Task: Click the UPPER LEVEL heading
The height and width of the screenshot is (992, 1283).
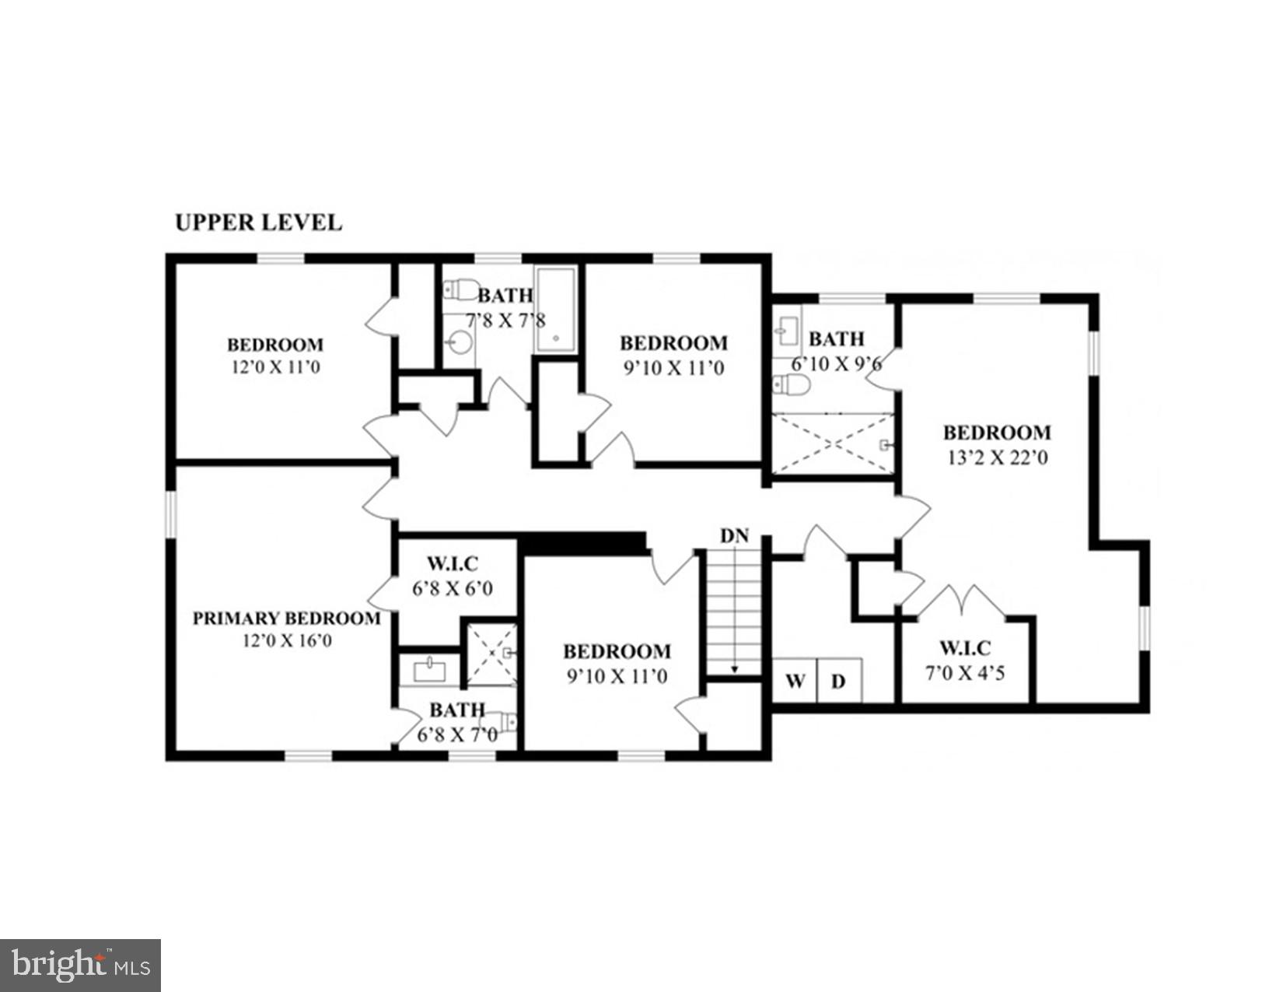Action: [x=258, y=223]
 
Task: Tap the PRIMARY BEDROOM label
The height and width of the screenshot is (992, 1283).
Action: [x=286, y=619]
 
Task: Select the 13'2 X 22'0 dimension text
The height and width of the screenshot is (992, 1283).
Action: [x=997, y=457]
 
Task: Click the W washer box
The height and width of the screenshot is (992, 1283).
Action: [x=794, y=682]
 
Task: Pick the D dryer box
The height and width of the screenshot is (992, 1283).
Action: [x=838, y=682]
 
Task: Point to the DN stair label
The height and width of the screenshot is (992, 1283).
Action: [x=734, y=535]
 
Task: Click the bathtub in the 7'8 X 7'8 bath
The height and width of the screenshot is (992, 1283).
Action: [x=555, y=310]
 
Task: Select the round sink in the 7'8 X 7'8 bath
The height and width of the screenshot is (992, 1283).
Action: [x=461, y=341]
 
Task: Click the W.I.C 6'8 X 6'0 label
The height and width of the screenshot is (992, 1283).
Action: [x=453, y=576]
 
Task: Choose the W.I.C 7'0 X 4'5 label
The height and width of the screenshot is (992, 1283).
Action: [x=965, y=661]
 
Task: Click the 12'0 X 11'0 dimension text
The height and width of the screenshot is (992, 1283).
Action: [x=275, y=367]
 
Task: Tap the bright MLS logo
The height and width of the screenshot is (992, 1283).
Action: [x=80, y=966]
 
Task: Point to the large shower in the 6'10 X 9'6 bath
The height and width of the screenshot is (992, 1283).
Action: [x=832, y=443]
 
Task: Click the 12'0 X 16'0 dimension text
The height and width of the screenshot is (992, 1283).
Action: [x=287, y=641]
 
